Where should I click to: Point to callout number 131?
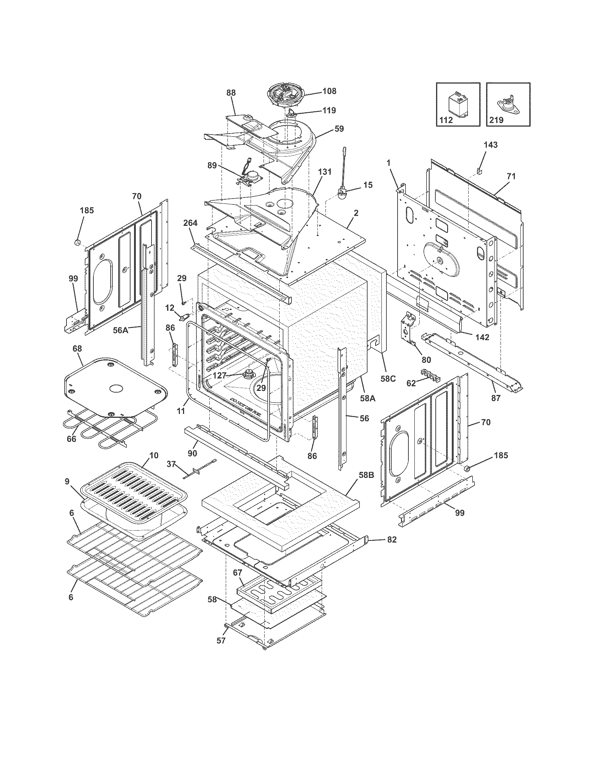325,172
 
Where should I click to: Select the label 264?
190,223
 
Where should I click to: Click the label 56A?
120,330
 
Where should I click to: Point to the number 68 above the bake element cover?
77,348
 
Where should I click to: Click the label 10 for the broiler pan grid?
154,455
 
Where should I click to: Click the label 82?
392,539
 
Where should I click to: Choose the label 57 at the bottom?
220,640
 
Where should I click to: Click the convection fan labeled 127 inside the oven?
249,374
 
